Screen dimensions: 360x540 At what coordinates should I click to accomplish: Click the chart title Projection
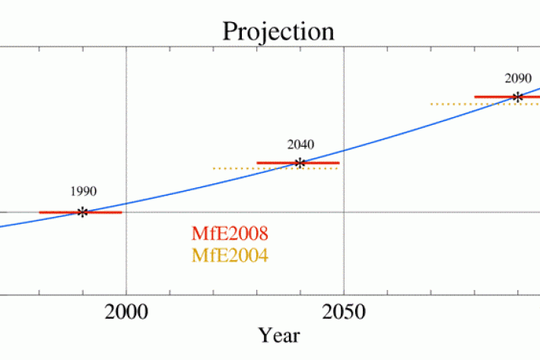pyautogui.click(x=278, y=31)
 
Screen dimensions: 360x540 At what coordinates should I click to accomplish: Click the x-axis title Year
pyautogui.click(x=278, y=335)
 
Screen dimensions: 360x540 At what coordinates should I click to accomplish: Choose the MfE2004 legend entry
pyautogui.click(x=230, y=255)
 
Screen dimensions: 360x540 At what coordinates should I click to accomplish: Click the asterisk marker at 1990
pyautogui.click(x=82, y=212)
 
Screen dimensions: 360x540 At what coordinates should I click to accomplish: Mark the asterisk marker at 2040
pyautogui.click(x=300, y=163)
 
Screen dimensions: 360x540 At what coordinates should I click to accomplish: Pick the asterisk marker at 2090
pyautogui.click(x=517, y=97)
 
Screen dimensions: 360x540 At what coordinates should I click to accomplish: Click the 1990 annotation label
pyautogui.click(x=83, y=193)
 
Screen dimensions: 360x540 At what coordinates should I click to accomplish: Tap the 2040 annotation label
pyautogui.click(x=300, y=144)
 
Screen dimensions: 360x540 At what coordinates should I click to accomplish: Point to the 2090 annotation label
pyautogui.click(x=517, y=78)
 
